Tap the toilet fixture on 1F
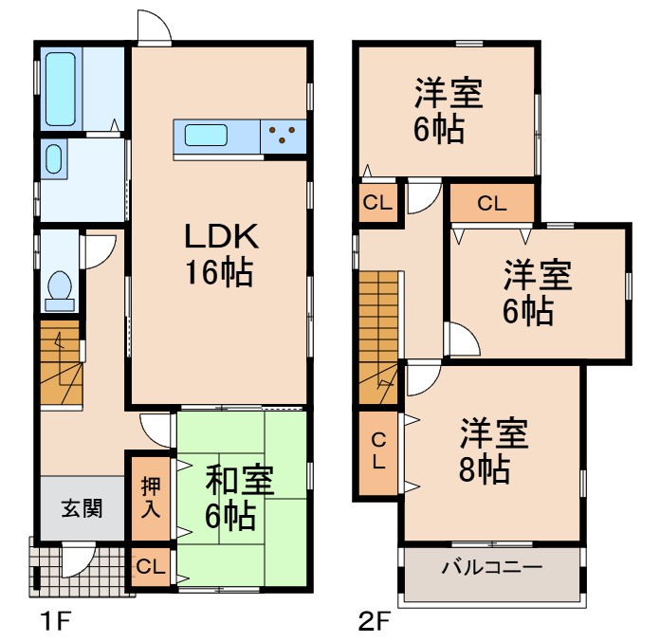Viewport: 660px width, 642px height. (60, 288)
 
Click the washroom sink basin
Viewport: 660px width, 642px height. (53, 159)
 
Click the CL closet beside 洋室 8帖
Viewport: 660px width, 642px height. (377, 451)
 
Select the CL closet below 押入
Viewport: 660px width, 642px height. (150, 567)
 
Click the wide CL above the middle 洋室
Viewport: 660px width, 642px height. (491, 202)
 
